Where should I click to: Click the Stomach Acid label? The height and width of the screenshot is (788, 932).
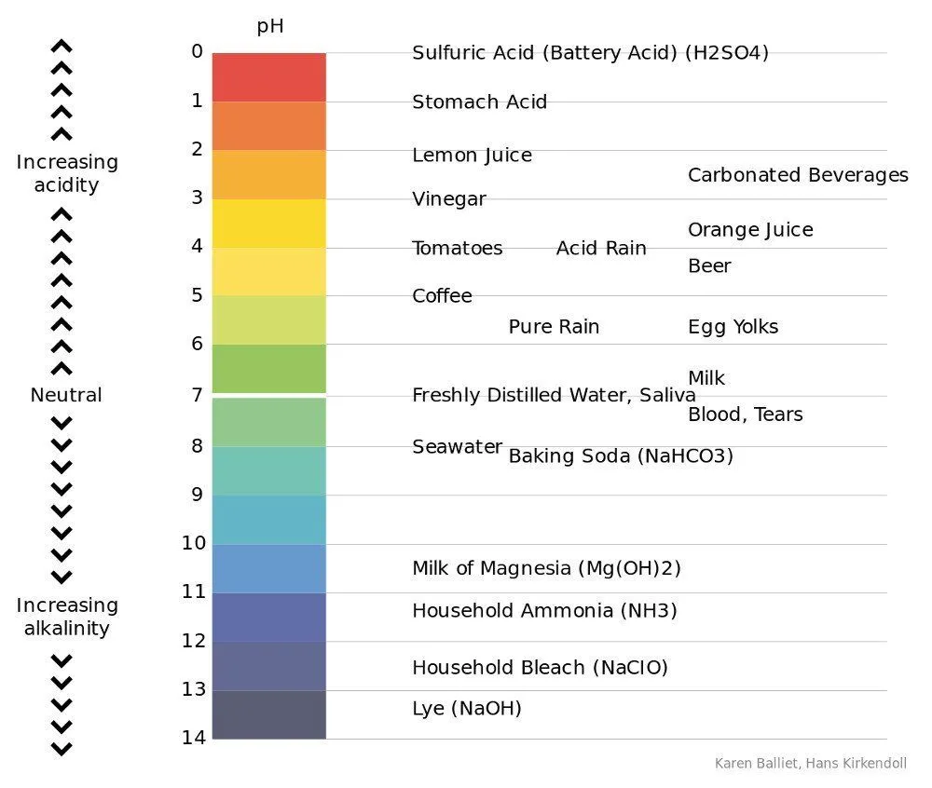[479, 102]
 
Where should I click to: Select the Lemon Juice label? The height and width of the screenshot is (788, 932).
[472, 156]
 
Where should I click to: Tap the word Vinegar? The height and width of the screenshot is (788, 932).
[448, 199]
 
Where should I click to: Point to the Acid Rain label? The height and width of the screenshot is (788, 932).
[601, 249]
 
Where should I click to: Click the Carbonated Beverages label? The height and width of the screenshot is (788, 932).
[797, 175]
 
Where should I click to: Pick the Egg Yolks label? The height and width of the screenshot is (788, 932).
[733, 327]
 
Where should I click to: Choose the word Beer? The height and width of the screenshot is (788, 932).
[709, 266]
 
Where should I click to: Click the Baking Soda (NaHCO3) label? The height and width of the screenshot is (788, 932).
[620, 456]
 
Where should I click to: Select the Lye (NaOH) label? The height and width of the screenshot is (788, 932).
[466, 709]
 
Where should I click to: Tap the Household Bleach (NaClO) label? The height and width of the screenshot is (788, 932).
[540, 668]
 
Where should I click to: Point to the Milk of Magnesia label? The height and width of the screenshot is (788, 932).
[546, 568]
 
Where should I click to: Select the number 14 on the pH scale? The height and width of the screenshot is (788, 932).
[193, 738]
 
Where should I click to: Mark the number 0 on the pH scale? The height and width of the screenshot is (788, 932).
[196, 51]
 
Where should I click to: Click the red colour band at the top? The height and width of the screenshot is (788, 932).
[268, 77]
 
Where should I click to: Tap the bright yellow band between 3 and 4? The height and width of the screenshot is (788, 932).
[268, 223]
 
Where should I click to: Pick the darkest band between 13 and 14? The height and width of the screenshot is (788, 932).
[268, 714]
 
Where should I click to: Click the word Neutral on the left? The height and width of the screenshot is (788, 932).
[66, 395]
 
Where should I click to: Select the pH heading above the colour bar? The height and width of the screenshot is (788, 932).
[269, 27]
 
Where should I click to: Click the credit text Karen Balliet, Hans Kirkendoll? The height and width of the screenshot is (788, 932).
[810, 764]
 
